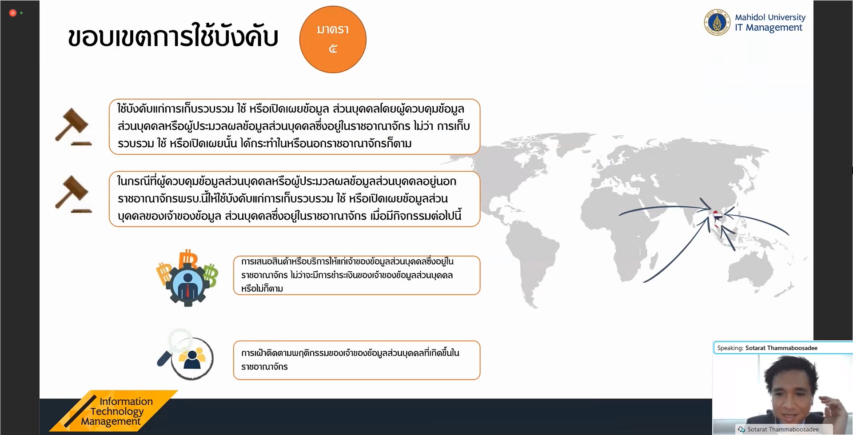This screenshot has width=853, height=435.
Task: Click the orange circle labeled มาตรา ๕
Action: (x=333, y=40)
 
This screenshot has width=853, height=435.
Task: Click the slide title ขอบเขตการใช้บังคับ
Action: (x=173, y=36)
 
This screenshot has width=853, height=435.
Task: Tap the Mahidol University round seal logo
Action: (x=717, y=22)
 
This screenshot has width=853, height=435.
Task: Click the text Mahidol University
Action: (x=770, y=17)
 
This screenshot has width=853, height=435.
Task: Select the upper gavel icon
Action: (x=73, y=127)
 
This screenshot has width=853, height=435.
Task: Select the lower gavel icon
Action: (x=73, y=194)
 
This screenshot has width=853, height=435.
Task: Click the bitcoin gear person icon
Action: (x=187, y=278)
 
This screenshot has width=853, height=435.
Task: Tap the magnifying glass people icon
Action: (x=186, y=354)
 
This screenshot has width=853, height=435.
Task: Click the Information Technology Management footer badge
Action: (x=114, y=411)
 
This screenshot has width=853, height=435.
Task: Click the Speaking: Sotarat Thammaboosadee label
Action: (x=767, y=348)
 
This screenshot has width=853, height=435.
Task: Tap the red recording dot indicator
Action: (x=13, y=13)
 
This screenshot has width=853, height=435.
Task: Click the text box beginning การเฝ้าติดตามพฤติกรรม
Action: (x=357, y=360)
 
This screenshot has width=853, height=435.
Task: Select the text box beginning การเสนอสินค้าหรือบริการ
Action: (x=357, y=275)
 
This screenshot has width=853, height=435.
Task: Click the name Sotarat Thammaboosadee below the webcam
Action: (x=783, y=429)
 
